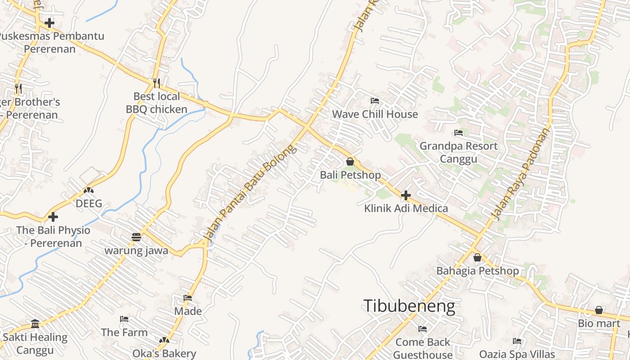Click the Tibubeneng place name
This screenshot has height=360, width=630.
[409, 306]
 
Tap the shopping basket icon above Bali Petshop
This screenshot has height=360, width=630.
[350, 162]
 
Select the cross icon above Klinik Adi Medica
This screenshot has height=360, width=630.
[405, 195]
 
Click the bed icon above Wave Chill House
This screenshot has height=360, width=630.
[374, 101]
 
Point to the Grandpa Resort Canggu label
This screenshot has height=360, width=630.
[459, 152]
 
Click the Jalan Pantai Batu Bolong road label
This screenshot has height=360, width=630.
[250, 192]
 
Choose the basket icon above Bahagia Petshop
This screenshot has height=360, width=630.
[477, 257]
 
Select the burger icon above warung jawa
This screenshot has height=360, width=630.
[136, 237]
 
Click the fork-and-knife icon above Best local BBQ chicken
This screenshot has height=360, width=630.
[156, 83]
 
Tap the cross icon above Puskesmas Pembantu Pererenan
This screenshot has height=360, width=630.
[49, 22]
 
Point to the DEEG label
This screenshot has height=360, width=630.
[89, 203]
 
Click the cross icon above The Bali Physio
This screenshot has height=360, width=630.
[53, 217]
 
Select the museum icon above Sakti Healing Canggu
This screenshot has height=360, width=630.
[35, 324]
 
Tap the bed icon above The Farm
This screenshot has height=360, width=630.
[124, 319]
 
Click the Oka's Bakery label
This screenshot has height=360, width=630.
[164, 354]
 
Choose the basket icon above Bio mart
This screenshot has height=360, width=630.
[599, 310]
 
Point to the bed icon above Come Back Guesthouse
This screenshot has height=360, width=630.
[422, 329]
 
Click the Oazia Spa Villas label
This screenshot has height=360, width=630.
[517, 354]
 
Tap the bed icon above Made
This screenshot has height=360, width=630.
[188, 298]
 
